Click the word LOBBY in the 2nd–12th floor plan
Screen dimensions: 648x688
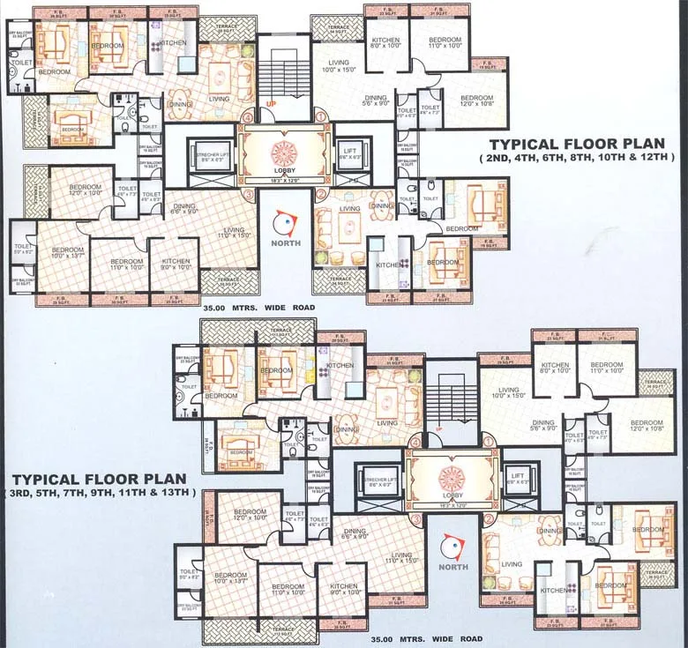[285, 172]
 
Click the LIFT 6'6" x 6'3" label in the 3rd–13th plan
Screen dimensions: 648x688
[518, 478]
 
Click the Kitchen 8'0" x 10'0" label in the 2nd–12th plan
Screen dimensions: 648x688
[385, 44]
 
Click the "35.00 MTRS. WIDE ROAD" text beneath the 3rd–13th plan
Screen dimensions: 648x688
[426, 638]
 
